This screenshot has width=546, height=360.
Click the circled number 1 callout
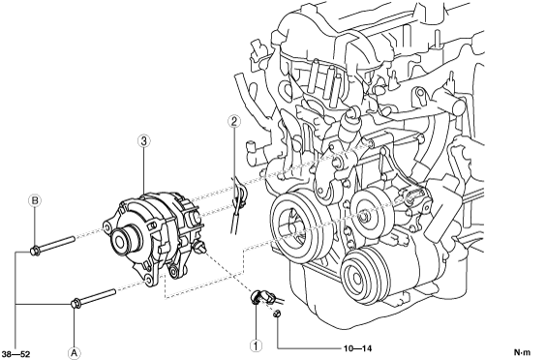256,345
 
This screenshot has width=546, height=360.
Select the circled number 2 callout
234,121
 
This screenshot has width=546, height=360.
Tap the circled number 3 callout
144,141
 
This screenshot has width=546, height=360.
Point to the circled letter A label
74,352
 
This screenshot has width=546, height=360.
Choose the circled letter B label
35,200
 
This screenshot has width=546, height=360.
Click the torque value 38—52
15,355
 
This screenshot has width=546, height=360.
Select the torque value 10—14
357,348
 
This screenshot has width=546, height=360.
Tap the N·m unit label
522,352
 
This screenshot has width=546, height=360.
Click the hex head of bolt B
35,251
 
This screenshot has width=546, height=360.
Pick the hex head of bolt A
76,303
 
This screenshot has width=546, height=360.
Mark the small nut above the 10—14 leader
277,314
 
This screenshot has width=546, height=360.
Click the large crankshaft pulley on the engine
296,228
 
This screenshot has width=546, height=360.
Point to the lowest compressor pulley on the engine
362,275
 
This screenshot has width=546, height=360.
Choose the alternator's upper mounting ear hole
106,228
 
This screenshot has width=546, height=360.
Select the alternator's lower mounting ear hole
149,280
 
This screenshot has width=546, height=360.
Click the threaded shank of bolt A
99,295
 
